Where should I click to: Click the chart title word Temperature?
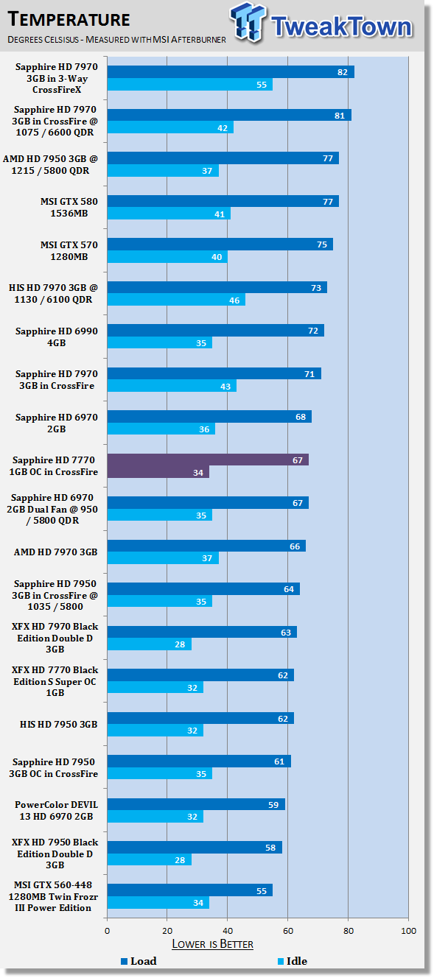pos(69,20)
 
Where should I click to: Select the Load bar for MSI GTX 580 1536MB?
pos(223,201)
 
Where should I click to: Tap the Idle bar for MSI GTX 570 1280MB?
pos(167,257)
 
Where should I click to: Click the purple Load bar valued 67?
pos(208,460)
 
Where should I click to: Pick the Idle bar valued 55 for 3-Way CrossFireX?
pos(190,84)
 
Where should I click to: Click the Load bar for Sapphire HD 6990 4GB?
pos(216,331)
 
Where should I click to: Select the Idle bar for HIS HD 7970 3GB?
pos(176,300)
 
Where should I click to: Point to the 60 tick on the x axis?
pos(288,930)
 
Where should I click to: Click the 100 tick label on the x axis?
pos(409,930)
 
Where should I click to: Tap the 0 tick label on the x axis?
pos(108,930)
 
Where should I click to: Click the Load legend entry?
pos(139,961)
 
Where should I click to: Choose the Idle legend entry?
pos(293,961)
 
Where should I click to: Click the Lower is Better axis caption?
pos(212,944)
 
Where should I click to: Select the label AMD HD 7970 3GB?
pos(55,552)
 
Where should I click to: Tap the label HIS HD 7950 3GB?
pos(58,724)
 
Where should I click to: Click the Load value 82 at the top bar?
pos(343,72)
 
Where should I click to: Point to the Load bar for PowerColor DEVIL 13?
pos(196,804)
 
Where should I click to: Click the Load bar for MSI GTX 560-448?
pos(190,890)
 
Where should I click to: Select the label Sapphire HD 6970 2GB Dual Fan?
pos(52,509)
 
